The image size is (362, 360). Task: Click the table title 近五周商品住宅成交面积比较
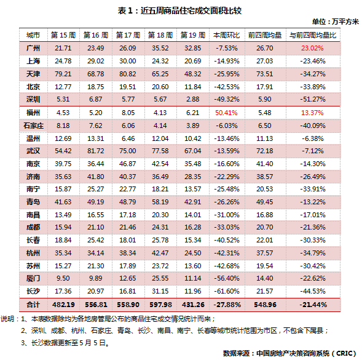click(191, 10)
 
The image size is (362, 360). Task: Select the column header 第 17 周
click(128, 35)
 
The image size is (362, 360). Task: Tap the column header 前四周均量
click(265, 35)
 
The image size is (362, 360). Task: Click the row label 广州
click(33, 48)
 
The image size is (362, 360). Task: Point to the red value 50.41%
click(226, 113)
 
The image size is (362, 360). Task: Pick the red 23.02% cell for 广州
click(312, 48)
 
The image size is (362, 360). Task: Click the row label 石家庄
click(33, 126)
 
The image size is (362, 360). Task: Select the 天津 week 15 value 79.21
click(63, 74)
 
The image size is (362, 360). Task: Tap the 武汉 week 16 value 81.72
click(96, 151)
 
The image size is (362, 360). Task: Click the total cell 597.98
click(160, 305)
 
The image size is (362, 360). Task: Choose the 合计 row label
click(33, 305)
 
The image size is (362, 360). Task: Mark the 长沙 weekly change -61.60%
click(227, 291)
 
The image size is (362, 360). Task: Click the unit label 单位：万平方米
click(336, 22)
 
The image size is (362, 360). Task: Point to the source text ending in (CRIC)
click(289, 353)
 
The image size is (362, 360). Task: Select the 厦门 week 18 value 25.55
click(160, 278)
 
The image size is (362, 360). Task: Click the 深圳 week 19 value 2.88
click(193, 99)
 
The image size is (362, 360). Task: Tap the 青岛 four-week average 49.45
click(264, 202)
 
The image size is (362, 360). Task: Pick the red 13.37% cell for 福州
click(312, 113)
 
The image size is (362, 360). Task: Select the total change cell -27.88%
click(227, 305)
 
